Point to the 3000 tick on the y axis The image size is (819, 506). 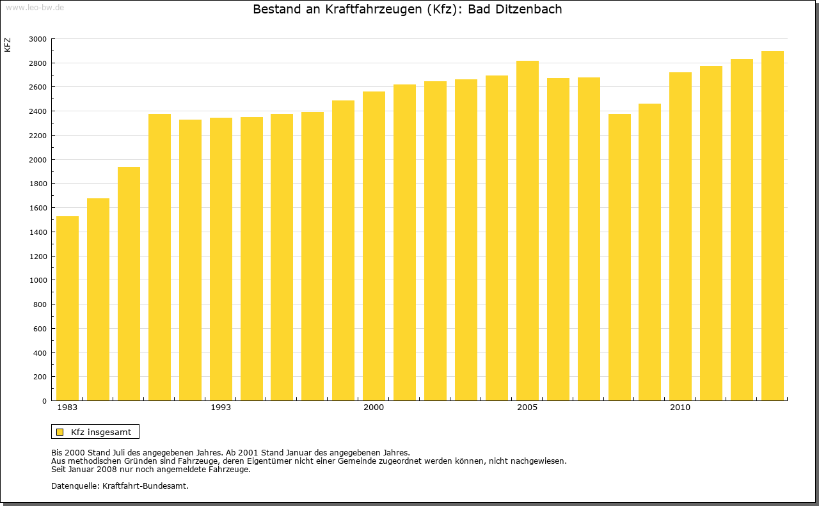pyautogui.click(x=38, y=39)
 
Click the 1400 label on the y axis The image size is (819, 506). pyautogui.click(x=38, y=232)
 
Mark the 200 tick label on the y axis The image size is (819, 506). pyautogui.click(x=40, y=377)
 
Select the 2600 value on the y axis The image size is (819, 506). pyautogui.click(x=38, y=87)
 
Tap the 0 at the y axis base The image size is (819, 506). pyautogui.click(x=44, y=401)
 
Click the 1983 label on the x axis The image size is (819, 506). pyautogui.click(x=67, y=407)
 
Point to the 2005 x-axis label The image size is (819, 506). pyautogui.click(x=527, y=407)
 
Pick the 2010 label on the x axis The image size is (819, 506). pyautogui.click(x=680, y=407)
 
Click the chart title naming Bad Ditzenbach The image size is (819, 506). pyautogui.click(x=408, y=10)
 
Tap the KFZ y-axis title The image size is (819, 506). pyautogui.click(x=8, y=45)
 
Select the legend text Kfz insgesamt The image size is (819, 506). pyautogui.click(x=101, y=432)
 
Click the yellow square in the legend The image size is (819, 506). pyautogui.click(x=60, y=432)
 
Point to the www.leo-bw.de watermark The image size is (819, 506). pyautogui.click(x=35, y=6)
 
